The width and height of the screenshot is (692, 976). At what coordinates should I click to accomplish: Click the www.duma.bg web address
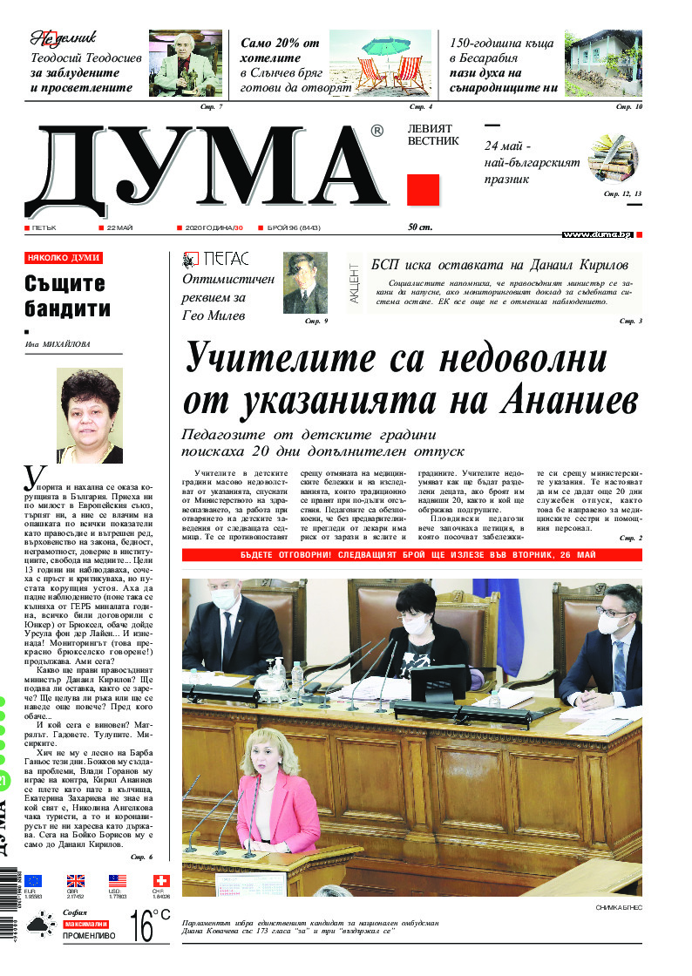point(597,234)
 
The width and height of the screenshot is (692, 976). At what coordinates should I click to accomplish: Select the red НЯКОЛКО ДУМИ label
point(64,258)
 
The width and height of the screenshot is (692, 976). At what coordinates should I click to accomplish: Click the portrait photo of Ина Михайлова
point(88,416)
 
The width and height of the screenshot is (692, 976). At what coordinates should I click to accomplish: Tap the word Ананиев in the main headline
point(569,399)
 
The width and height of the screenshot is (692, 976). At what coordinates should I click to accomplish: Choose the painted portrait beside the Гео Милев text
point(305,283)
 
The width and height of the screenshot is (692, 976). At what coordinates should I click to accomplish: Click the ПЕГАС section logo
point(215,259)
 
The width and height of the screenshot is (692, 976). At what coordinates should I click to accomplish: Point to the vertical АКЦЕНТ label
point(354,284)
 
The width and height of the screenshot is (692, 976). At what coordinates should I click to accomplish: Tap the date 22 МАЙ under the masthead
point(119,227)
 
